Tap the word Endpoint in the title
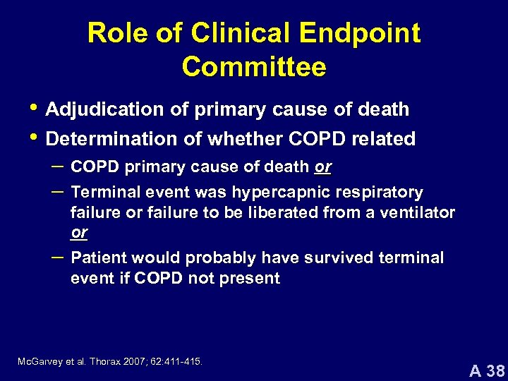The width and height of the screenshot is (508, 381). coord(360,33)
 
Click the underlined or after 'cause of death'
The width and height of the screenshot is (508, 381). coord(322,167)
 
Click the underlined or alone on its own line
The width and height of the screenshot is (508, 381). coord(79,232)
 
